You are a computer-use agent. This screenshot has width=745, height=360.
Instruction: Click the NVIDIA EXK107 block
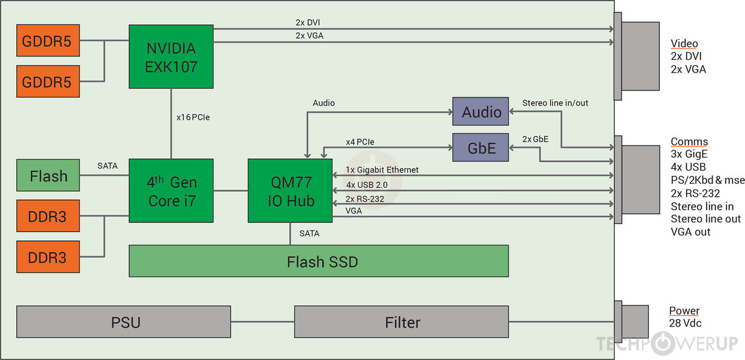[x=171, y=56]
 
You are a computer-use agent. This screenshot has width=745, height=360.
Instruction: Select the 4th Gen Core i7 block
[x=171, y=191]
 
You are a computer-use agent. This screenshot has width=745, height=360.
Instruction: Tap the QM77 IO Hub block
[x=289, y=191]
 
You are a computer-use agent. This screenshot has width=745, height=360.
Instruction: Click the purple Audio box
[x=481, y=112]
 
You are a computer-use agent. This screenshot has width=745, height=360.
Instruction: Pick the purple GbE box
[x=481, y=148]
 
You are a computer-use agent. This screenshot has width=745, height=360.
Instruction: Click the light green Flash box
[x=48, y=176]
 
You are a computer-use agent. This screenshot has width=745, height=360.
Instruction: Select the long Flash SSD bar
[x=318, y=261]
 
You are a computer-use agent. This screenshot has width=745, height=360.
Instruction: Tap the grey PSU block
[x=123, y=322]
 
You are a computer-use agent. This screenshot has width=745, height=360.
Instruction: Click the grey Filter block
[x=401, y=322]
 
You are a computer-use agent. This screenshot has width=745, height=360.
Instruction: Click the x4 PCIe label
[x=360, y=142]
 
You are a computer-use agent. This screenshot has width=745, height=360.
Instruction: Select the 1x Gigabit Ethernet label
[x=382, y=169]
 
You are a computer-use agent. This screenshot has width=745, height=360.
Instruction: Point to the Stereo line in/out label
[x=554, y=102]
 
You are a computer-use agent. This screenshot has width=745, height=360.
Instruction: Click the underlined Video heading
[x=684, y=43]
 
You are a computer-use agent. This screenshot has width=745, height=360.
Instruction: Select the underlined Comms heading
[x=689, y=142]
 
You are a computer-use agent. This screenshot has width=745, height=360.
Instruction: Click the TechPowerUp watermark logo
[x=666, y=343]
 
